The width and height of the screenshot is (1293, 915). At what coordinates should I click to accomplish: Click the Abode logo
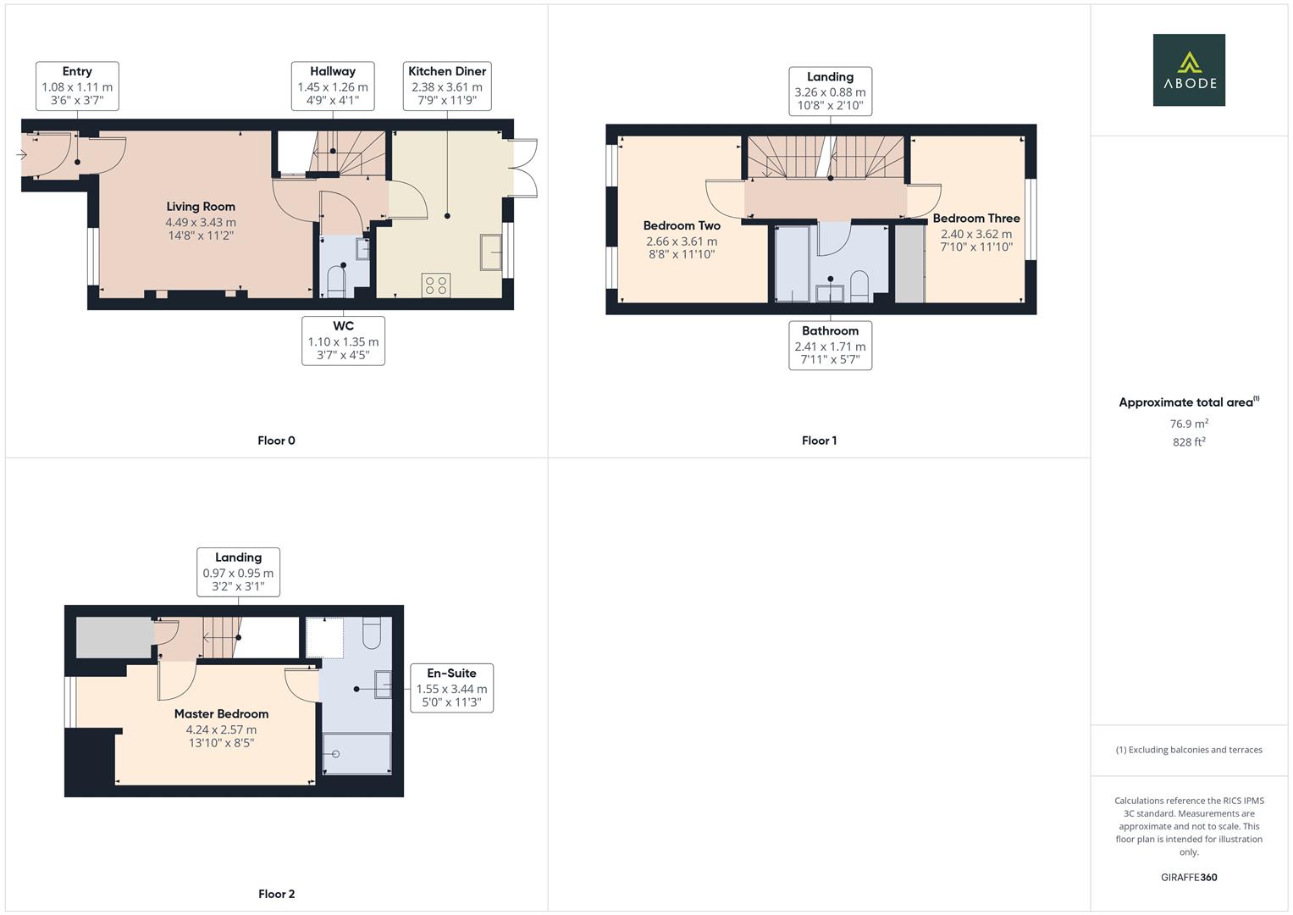tap(1188, 69)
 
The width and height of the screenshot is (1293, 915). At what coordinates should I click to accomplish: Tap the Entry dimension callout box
tap(77, 86)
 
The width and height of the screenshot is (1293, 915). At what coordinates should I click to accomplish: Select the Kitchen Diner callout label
tap(447, 86)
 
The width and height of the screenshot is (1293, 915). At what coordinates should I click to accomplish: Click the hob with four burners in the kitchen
tap(436, 286)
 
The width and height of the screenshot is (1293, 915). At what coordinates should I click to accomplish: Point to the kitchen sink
tap(490, 252)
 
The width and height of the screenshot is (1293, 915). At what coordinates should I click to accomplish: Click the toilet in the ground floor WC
tap(336, 280)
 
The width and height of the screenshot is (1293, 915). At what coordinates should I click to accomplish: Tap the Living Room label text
tap(201, 207)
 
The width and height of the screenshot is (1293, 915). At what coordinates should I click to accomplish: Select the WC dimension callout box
tap(343, 341)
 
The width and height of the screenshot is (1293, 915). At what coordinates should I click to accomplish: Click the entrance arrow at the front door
tap(21, 154)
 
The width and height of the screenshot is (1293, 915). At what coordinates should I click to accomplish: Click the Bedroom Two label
tap(682, 225)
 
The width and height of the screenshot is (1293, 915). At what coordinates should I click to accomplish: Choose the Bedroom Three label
tap(975, 219)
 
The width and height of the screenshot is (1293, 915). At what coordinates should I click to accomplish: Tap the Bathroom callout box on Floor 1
tap(830, 345)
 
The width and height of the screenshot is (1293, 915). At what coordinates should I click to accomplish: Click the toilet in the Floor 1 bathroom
tap(859, 286)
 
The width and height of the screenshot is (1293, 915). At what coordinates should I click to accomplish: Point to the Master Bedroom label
tap(221, 714)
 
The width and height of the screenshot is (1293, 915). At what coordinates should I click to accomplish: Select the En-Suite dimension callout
tap(451, 687)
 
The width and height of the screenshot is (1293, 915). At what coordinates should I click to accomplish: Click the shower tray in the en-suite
tap(357, 753)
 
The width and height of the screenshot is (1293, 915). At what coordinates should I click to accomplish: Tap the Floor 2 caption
tap(276, 894)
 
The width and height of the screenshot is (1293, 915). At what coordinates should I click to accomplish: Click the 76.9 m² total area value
tap(1188, 424)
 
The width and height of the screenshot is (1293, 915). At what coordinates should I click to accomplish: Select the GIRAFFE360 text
tap(1188, 877)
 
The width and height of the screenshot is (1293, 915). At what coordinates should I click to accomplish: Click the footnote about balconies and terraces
tap(1188, 750)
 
